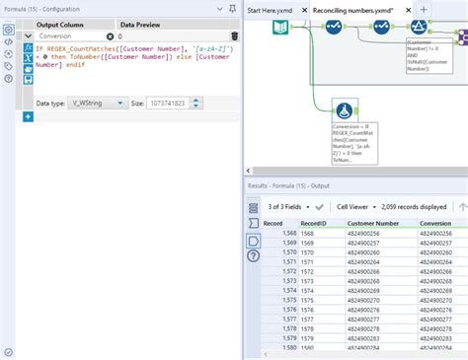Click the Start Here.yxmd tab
(x=270, y=9)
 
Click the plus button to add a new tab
(x=423, y=9)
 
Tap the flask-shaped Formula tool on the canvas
(x=346, y=114)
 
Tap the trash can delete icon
(x=234, y=36)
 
